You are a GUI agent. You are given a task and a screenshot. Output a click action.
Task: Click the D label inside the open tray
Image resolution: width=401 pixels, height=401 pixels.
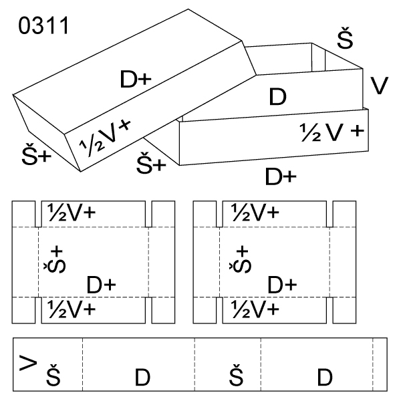pyautogui.click(x=277, y=97)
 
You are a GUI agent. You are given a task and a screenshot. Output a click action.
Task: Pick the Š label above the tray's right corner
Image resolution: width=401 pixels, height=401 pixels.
pyautogui.click(x=345, y=40)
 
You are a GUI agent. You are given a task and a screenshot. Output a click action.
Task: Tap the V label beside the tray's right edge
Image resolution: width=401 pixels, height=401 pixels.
pyautogui.click(x=379, y=85)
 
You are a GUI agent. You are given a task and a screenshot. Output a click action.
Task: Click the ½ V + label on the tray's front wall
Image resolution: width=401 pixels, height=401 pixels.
pyautogui.click(x=332, y=131)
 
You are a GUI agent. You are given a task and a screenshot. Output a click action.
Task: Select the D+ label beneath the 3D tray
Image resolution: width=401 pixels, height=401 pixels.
pyautogui.click(x=281, y=176)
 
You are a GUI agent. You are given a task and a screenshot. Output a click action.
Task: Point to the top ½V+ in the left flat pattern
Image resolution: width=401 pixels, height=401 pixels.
pyautogui.click(x=71, y=213)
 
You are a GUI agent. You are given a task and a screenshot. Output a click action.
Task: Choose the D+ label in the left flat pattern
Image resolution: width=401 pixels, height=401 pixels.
pyautogui.click(x=102, y=285)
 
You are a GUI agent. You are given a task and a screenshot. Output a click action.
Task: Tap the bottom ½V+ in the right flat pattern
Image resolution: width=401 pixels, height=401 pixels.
pyautogui.click(x=255, y=309)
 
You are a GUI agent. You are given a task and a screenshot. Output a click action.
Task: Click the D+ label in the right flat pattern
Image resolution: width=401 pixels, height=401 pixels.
pyautogui.click(x=282, y=285)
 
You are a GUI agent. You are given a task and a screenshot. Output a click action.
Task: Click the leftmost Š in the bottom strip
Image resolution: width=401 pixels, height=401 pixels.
pyautogui.click(x=53, y=378)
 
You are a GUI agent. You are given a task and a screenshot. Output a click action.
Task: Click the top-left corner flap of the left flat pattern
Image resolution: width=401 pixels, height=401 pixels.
pyautogui.click(x=24, y=213)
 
